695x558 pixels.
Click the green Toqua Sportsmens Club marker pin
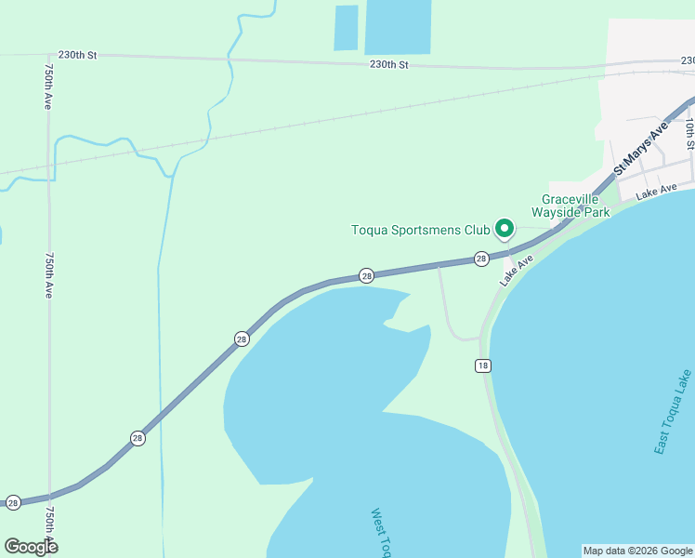pos(505,228)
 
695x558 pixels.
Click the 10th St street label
pos(689,133)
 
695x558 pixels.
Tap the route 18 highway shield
pos(482,365)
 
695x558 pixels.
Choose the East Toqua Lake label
pos(673,412)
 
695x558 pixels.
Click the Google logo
pos(31,547)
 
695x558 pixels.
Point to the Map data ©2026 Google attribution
pos(637,551)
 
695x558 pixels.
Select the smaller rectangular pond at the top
pos(346,28)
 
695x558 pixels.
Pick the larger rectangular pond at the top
pos(398,26)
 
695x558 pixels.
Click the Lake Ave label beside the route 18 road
pos(517,271)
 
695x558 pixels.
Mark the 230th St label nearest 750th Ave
pos(77,55)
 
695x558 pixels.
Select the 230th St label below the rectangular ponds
pos(388,64)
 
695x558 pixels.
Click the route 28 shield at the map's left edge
pos(13,502)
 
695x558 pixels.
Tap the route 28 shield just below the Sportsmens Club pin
pos(480,259)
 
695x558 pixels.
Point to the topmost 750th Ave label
pos(46,86)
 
